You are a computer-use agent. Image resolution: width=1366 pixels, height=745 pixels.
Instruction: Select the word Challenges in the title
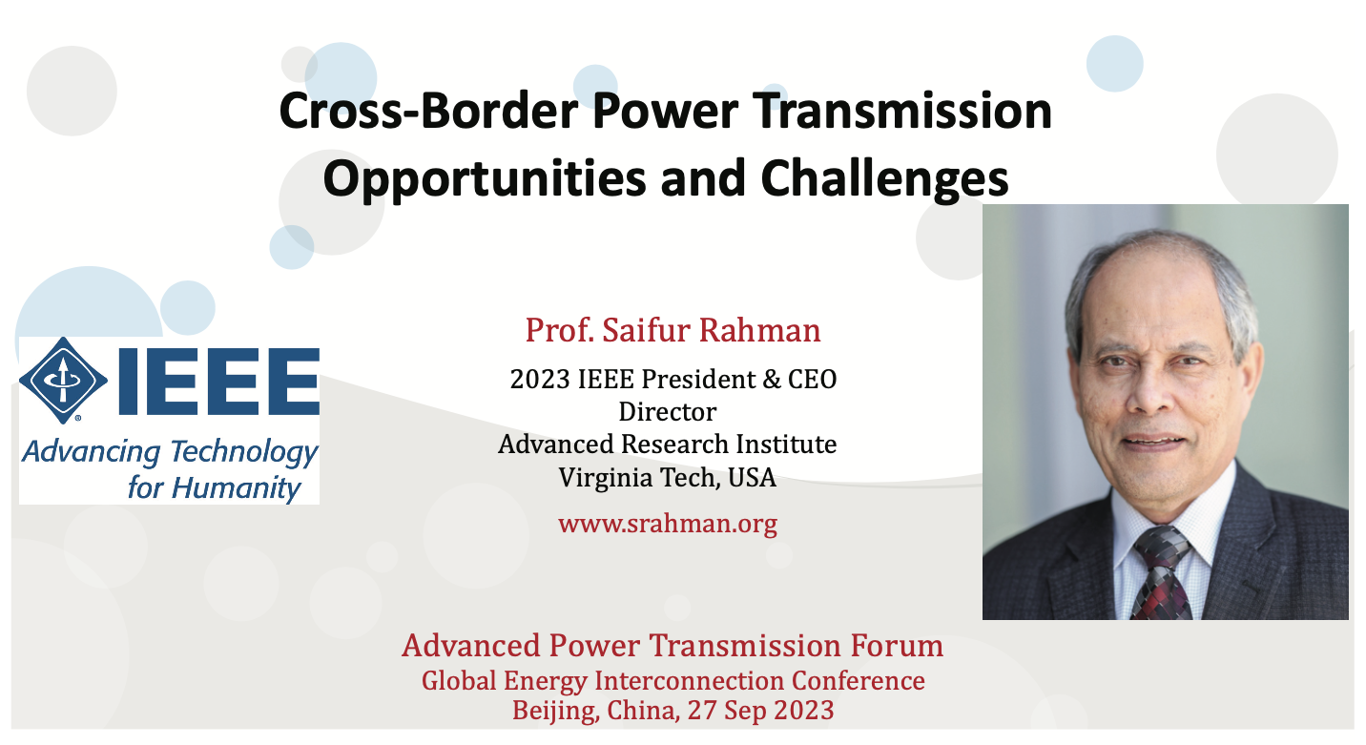884,179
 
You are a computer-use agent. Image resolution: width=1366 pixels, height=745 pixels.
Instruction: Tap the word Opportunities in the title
485,179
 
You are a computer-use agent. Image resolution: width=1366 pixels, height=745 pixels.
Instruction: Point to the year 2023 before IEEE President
540,380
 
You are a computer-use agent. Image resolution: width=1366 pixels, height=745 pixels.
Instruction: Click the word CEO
813,380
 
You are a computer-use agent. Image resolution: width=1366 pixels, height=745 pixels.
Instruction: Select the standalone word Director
667,411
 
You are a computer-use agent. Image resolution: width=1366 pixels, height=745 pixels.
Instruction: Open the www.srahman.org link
668,524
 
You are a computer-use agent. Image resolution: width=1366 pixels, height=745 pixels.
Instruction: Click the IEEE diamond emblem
63,381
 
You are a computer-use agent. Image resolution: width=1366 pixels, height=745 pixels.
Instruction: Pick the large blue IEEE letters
219,382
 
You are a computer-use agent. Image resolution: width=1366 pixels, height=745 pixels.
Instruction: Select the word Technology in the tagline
243,452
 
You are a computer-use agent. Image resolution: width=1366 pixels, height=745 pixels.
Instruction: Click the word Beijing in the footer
555,712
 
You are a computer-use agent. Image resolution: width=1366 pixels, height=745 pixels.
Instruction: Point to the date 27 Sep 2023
760,711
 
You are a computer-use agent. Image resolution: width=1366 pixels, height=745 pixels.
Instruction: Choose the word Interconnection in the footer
689,681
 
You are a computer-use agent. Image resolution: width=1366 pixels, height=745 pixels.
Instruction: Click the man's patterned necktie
1161,573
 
